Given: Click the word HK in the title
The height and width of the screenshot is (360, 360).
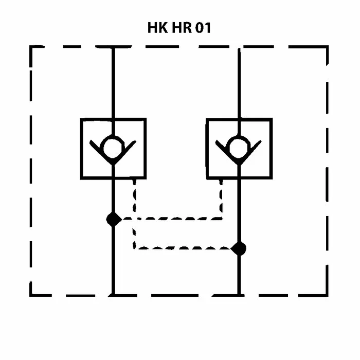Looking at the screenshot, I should point(157,28).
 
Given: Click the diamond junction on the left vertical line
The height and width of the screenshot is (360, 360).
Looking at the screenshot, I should point(113,219).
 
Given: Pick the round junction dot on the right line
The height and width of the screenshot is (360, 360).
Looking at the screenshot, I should point(239,249).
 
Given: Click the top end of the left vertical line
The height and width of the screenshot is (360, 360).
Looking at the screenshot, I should point(113,48).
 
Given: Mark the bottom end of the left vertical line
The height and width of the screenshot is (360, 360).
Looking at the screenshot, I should point(113,295).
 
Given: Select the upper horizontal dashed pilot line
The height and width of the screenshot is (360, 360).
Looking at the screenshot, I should point(170,219).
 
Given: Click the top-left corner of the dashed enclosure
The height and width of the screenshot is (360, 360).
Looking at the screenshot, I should point(31,47).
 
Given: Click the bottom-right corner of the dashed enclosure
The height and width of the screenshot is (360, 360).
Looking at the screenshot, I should point(327,295).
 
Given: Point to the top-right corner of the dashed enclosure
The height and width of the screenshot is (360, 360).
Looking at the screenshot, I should point(327,47).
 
